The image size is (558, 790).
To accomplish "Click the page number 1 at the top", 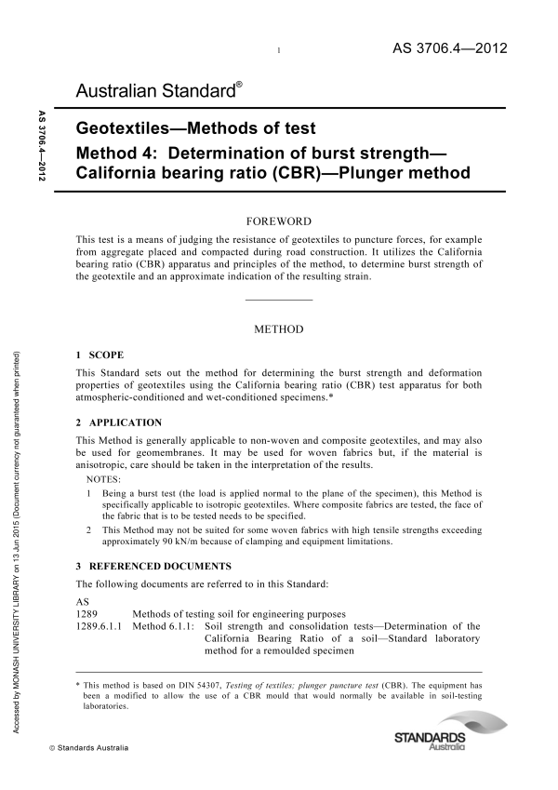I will (x=279, y=52).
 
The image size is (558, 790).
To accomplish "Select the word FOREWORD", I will (x=278, y=221).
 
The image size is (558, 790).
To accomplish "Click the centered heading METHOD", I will (x=278, y=329).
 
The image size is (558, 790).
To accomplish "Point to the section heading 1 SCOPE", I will (x=99, y=355).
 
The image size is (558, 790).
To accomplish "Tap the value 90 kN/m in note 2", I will (x=159, y=541).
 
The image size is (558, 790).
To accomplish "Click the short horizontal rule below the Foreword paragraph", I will (x=278, y=300).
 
